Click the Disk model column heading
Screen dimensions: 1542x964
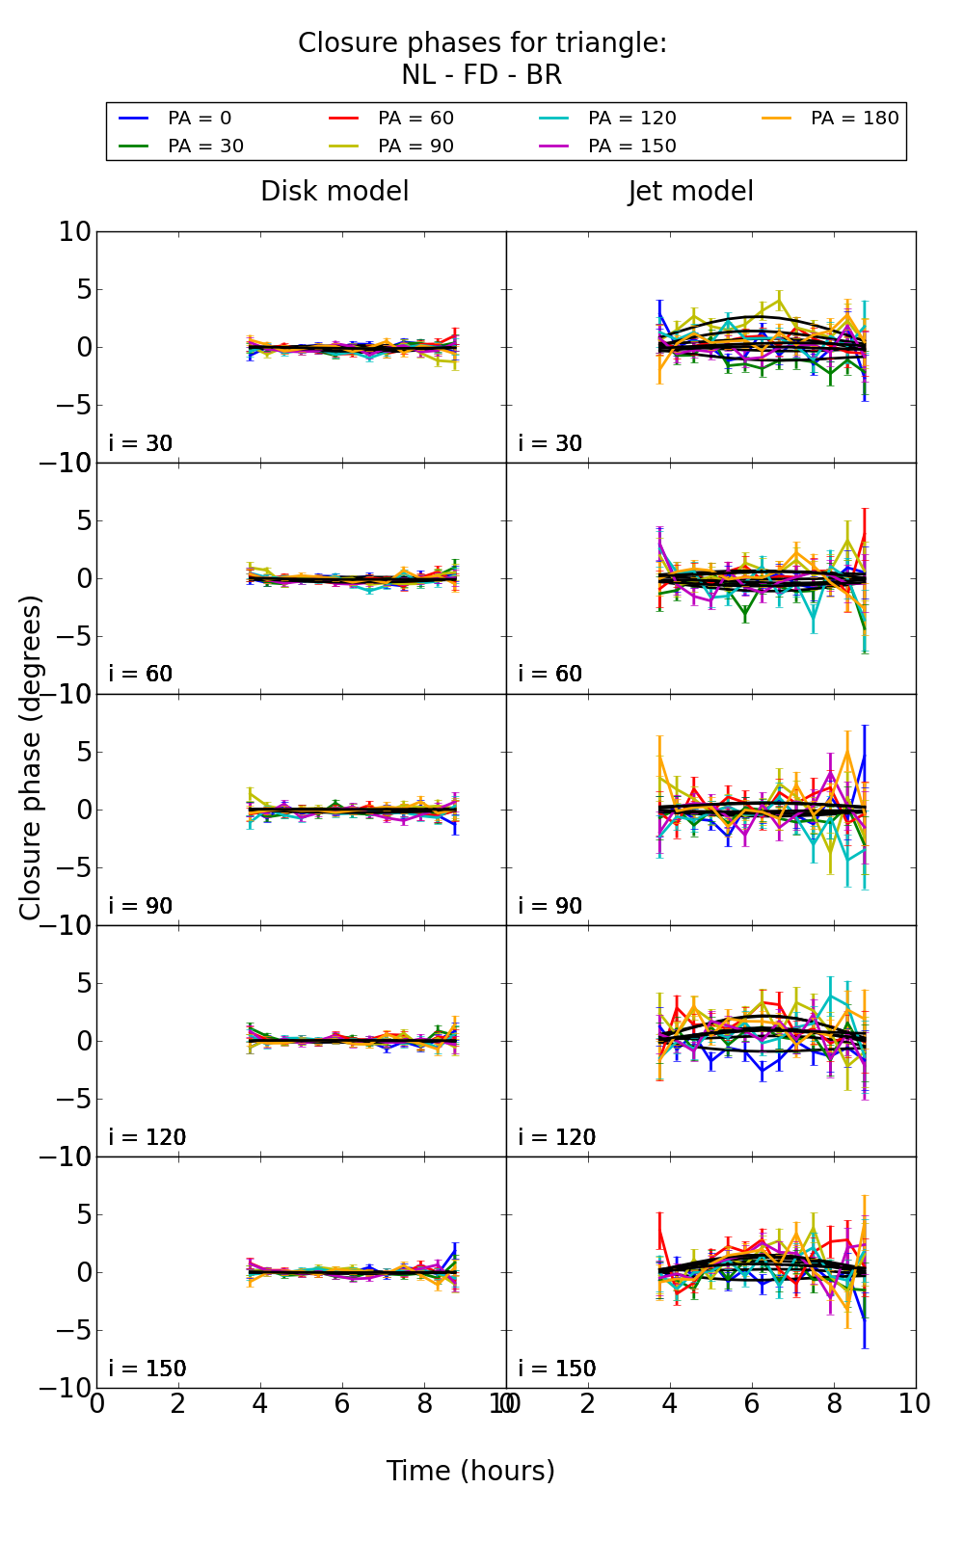click(335, 192)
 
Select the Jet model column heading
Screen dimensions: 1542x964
click(690, 192)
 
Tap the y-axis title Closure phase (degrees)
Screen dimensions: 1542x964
click(31, 758)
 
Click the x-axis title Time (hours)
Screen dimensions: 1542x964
click(470, 1472)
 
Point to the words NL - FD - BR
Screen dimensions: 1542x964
click(481, 75)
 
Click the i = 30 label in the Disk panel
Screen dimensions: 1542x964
click(141, 444)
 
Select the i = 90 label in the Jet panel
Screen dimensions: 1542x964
click(550, 907)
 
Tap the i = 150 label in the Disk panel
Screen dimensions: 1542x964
click(147, 1369)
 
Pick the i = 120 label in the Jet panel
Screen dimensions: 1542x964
click(556, 1138)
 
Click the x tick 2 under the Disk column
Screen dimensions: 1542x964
click(178, 1404)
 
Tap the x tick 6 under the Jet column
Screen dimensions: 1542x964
click(751, 1404)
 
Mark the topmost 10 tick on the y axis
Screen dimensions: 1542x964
click(75, 232)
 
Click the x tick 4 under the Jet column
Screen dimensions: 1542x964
click(669, 1404)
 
